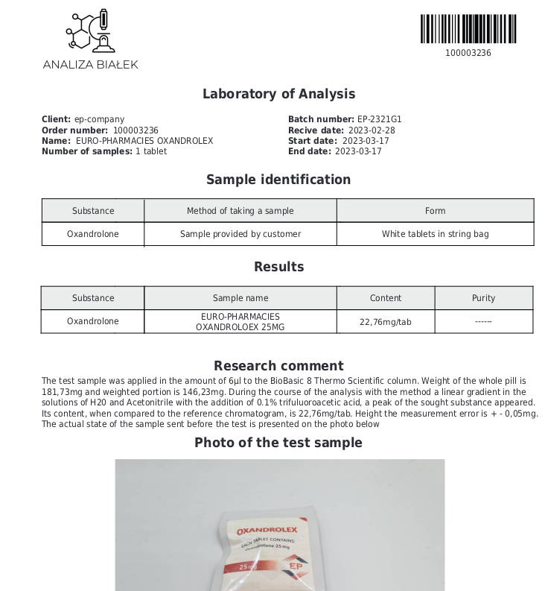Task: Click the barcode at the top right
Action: (468, 29)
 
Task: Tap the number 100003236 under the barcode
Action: (468, 53)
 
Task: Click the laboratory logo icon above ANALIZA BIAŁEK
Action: (90, 31)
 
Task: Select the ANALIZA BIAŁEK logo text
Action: (90, 64)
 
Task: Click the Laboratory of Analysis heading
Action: (278, 94)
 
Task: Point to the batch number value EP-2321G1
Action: (379, 119)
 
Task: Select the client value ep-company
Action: (99, 119)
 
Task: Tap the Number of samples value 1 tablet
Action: (150, 151)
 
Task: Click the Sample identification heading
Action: (278, 180)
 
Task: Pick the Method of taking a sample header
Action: (240, 211)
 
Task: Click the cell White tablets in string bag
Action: (435, 234)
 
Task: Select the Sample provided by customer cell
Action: (240, 234)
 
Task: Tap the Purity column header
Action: (483, 298)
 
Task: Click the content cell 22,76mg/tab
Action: (385, 322)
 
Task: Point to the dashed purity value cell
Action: (483, 322)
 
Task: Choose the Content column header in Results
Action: (385, 298)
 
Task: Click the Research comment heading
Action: (278, 366)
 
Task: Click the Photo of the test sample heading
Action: (278, 443)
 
